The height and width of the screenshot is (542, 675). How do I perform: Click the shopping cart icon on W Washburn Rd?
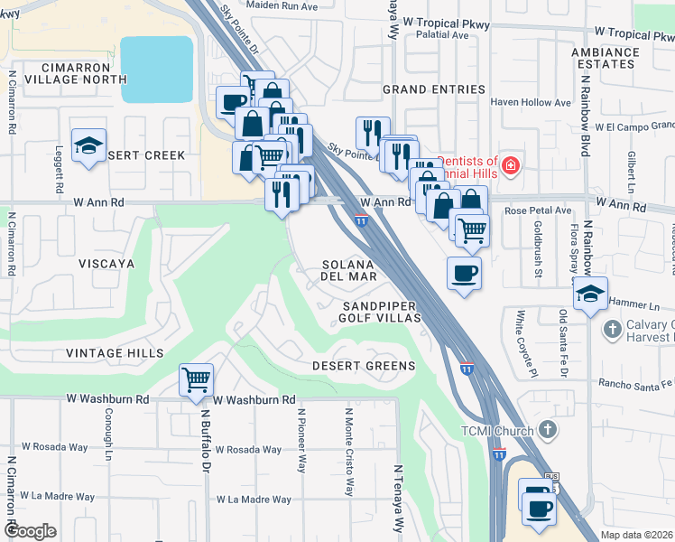tap(196, 381)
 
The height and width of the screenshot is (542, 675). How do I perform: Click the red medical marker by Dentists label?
tap(511, 165)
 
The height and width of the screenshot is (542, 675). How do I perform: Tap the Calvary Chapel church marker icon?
tap(613, 331)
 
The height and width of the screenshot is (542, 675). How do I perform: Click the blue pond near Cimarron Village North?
tap(157, 70)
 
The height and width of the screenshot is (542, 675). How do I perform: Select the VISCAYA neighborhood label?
tap(106, 264)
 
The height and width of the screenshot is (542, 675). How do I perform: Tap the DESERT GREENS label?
tap(364, 366)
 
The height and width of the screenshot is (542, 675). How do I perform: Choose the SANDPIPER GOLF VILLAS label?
tap(382, 313)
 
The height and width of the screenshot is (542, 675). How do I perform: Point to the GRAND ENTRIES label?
tap(434, 89)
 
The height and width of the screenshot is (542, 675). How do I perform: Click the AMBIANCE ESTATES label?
tap(604, 59)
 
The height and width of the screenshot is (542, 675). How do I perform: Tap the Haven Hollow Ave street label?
tap(531, 103)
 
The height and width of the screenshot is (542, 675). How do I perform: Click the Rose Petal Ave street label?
tap(539, 210)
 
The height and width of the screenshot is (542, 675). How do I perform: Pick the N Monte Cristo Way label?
tap(348, 452)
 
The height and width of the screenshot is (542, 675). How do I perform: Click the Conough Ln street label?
tap(106, 440)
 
